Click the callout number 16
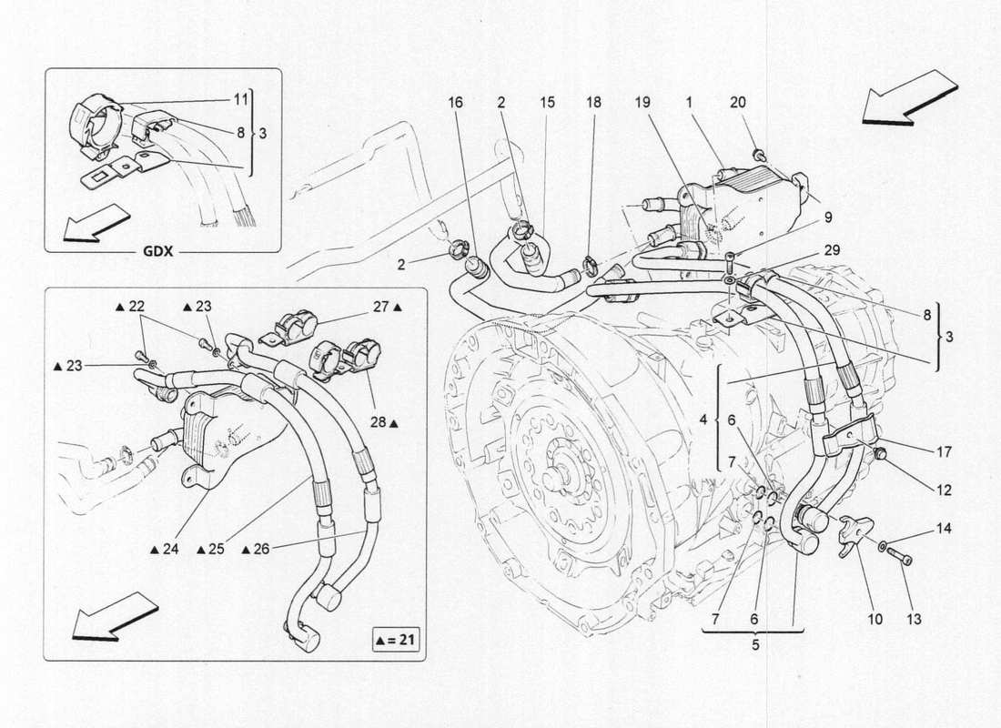point(454,105)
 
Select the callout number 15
point(547,105)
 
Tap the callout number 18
point(594,105)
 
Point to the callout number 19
point(643,105)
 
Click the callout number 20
point(737,105)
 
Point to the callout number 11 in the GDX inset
point(239,98)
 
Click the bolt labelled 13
point(900,552)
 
